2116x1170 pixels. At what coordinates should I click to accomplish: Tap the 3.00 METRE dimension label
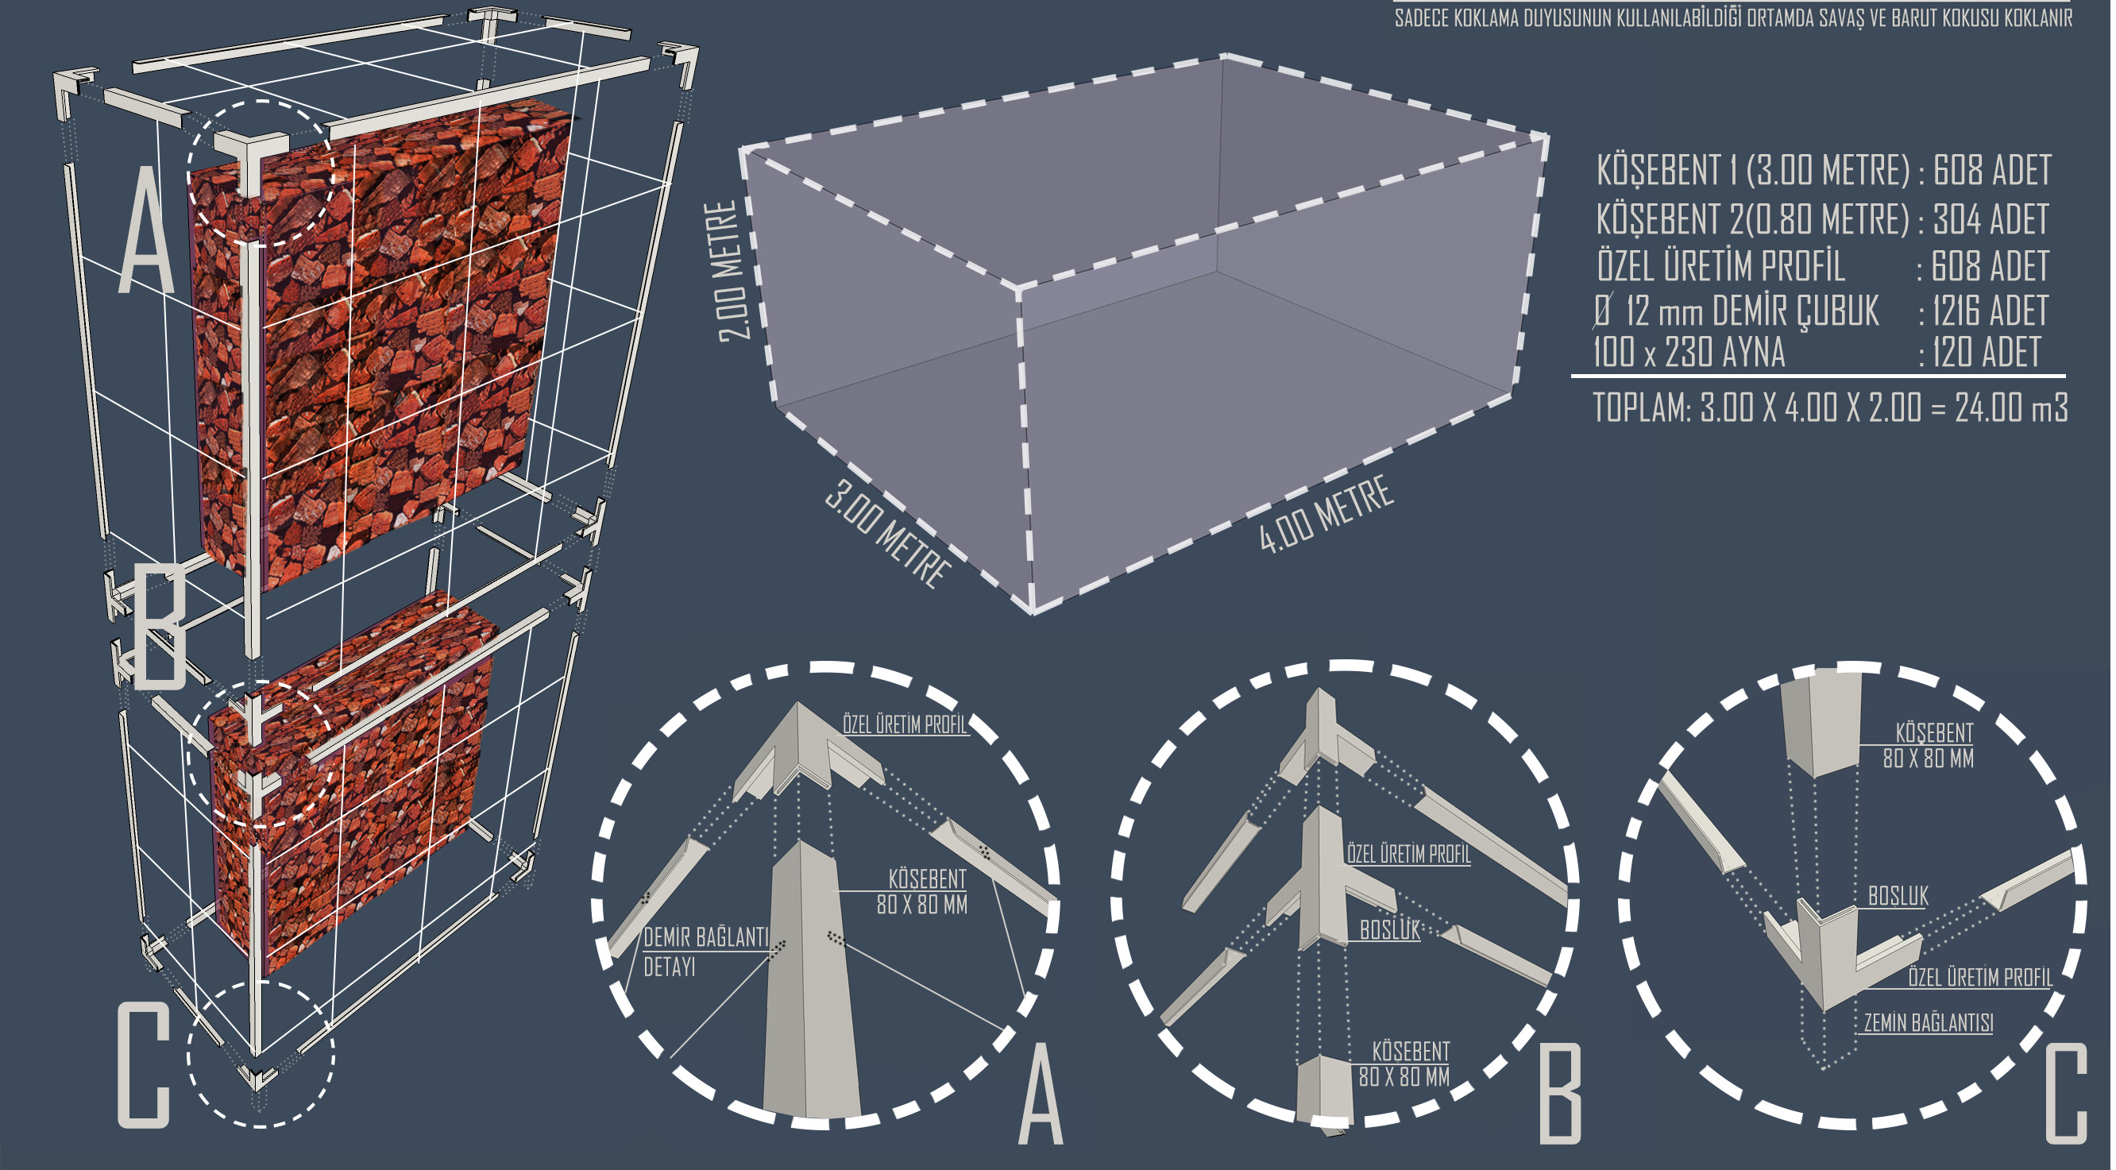click(x=888, y=535)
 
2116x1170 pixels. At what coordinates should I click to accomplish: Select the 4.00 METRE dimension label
click(x=1326, y=515)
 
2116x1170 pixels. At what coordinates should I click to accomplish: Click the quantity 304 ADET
click(x=1991, y=219)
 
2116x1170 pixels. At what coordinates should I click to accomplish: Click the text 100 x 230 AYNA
click(x=1689, y=353)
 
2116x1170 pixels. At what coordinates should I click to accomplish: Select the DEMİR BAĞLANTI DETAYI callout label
click(x=705, y=952)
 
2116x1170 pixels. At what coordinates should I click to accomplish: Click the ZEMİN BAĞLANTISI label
click(x=1928, y=1023)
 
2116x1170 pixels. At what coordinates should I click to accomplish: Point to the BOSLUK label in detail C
click(x=1898, y=896)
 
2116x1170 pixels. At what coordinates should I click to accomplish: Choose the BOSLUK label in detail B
click(x=1390, y=929)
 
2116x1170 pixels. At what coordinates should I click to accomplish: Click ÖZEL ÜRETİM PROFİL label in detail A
click(x=905, y=724)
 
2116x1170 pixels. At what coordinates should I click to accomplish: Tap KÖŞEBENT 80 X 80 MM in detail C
click(x=1928, y=745)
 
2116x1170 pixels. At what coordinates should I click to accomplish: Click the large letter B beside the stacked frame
click(x=160, y=628)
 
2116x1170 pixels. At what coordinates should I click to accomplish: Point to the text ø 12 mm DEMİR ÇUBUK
click(x=1736, y=311)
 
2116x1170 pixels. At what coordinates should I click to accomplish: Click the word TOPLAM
click(x=1640, y=407)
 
